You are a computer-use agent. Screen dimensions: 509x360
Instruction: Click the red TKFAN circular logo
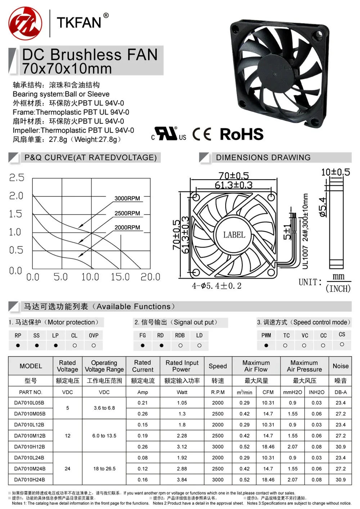click(x=25, y=23)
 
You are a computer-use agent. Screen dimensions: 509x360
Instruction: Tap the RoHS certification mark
click(x=242, y=134)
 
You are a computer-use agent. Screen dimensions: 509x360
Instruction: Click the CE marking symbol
click(x=202, y=134)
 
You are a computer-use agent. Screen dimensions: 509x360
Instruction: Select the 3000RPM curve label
click(x=127, y=198)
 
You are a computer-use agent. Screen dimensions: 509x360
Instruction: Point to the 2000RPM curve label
click(x=127, y=228)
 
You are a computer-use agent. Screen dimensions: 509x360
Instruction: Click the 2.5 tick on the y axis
click(x=17, y=177)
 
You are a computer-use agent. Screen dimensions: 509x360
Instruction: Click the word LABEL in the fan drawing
click(x=234, y=235)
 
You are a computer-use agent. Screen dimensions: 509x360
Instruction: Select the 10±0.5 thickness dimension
click(x=335, y=172)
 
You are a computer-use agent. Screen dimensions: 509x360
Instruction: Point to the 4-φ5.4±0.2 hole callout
click(x=216, y=286)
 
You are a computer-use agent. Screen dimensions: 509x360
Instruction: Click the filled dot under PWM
click(x=266, y=345)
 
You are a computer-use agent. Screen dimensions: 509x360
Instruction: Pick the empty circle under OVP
click(x=94, y=345)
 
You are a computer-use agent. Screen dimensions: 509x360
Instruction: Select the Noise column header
click(x=341, y=366)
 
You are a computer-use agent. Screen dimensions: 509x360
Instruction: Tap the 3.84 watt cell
click(x=182, y=479)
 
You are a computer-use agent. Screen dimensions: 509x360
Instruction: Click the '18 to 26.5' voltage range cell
click(x=104, y=469)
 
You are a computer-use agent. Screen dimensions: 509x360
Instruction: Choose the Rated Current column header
click(x=143, y=366)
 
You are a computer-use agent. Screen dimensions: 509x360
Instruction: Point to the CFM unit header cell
click(x=268, y=392)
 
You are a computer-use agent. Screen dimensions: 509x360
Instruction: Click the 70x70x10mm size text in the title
click(x=67, y=68)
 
